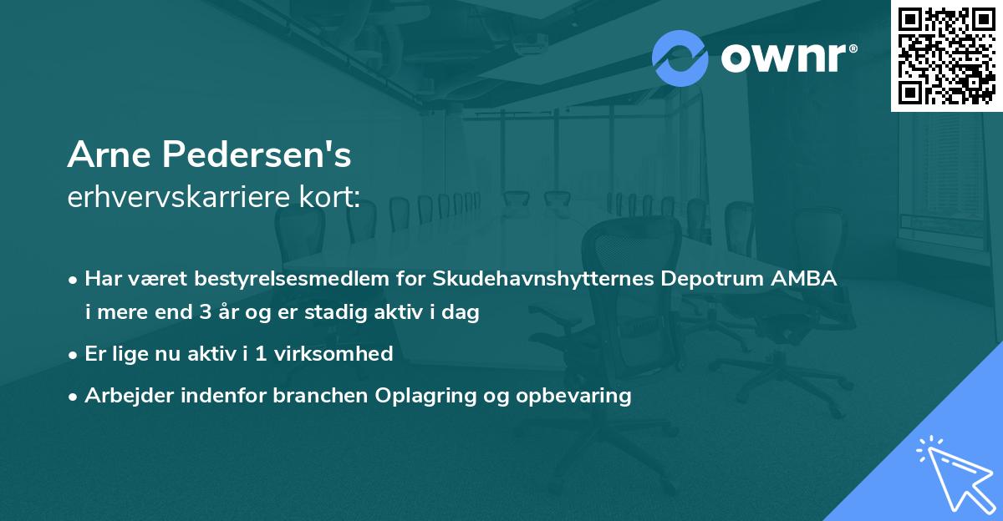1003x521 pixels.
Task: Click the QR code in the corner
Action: coord(946,55)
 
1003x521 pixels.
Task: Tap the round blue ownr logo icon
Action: coord(680,58)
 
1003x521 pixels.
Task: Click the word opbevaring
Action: coord(576,396)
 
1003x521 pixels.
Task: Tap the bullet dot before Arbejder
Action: coord(74,397)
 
